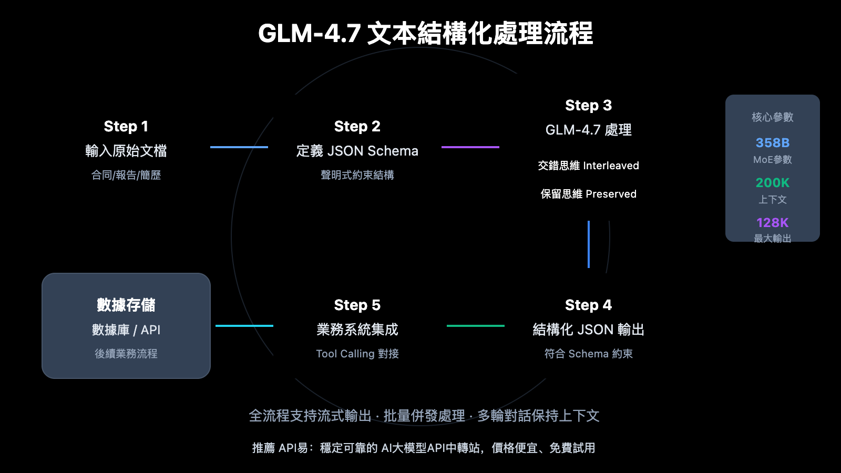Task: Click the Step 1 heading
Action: click(x=126, y=127)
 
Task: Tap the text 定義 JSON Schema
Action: click(x=357, y=151)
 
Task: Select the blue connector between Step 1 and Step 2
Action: click(x=239, y=147)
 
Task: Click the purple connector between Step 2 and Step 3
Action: click(x=470, y=147)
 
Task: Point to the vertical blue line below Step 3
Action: click(x=588, y=244)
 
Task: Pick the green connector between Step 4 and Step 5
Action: click(x=475, y=326)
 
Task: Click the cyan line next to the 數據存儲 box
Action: click(x=244, y=326)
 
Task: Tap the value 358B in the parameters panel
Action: click(x=772, y=143)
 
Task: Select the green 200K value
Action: click(x=772, y=183)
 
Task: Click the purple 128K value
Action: click(x=772, y=223)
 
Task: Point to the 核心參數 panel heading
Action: click(x=772, y=117)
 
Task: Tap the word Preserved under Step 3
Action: click(x=611, y=194)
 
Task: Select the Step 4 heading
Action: click(x=588, y=305)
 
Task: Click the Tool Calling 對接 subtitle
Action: click(x=357, y=354)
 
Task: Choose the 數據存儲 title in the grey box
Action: click(x=126, y=305)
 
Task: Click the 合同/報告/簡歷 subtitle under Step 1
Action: click(x=126, y=176)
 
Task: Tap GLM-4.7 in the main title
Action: click(x=309, y=34)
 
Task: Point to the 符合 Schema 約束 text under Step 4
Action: click(x=588, y=354)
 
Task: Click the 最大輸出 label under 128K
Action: click(x=772, y=239)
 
